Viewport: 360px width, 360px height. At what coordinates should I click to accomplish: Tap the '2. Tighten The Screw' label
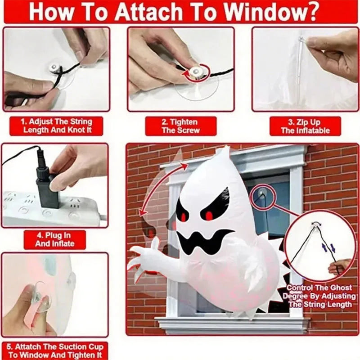[x=180, y=126]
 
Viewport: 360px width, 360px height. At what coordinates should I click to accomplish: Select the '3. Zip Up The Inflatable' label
[x=305, y=126]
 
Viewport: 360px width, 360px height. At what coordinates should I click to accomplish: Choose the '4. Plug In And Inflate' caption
[x=54, y=239]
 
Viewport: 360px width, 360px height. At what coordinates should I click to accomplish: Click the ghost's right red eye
[x=209, y=216]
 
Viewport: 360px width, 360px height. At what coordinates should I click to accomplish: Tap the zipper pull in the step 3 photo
[x=301, y=41]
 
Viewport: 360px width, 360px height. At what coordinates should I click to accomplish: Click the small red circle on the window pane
[x=261, y=195]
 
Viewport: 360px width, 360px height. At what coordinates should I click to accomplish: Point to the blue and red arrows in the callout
[x=327, y=247]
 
